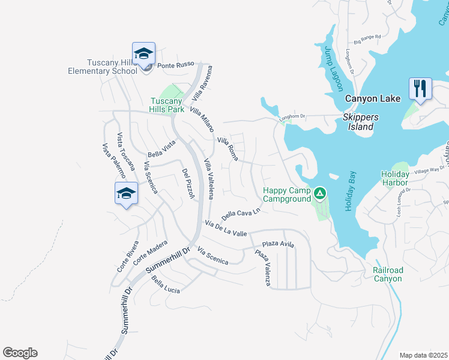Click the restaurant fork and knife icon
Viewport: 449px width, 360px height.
pos(420,89)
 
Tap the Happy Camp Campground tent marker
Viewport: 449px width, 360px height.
pos(320,194)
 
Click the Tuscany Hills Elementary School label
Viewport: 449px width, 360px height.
pos(103,67)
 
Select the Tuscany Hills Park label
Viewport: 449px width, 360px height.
pos(167,105)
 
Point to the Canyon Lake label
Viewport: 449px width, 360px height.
pos(368,98)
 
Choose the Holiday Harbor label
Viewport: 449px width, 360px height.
pos(395,179)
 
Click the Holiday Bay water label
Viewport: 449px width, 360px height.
pos(349,192)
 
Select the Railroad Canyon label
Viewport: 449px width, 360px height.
pos(387,274)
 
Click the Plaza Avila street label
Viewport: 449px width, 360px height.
pos(278,244)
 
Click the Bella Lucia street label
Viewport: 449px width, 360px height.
pos(166,286)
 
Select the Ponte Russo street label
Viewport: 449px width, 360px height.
pos(173,66)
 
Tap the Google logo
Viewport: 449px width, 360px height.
pos(20,353)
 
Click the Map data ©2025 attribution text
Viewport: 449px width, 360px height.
pos(423,355)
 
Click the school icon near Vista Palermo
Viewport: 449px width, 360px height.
pos(126,193)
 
